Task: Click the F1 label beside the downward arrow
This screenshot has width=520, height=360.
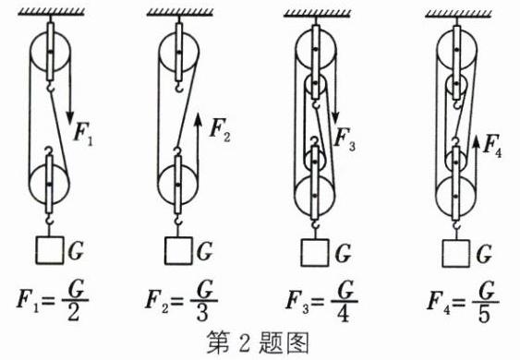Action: pyautogui.click(x=83, y=134)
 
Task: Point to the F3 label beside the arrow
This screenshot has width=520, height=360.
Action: pyautogui.click(x=345, y=138)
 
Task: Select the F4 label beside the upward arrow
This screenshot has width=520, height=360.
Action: pyautogui.click(x=492, y=145)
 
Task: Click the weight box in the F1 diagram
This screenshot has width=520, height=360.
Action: pyautogui.click(x=49, y=250)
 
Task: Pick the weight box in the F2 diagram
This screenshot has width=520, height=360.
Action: pyautogui.click(x=178, y=251)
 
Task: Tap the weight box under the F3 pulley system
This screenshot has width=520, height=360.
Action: pyautogui.click(x=315, y=253)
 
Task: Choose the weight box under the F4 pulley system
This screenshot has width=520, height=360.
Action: pyautogui.click(x=456, y=254)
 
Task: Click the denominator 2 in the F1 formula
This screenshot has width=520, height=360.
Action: pyautogui.click(x=74, y=313)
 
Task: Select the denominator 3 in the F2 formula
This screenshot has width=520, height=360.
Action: pyautogui.click(x=202, y=313)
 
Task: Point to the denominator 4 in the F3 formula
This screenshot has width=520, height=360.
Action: pyautogui.click(x=343, y=313)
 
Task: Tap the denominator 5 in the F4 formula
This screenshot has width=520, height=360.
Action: pyautogui.click(x=484, y=314)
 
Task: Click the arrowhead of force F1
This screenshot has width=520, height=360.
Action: pyautogui.click(x=70, y=117)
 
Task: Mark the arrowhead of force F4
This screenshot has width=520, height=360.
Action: pyautogui.click(x=477, y=141)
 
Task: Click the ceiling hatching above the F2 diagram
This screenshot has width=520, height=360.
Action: pyautogui.click(x=180, y=13)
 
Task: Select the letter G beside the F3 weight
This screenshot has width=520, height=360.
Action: pyautogui.click(x=344, y=254)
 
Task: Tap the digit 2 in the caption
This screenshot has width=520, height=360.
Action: pyautogui.click(x=244, y=343)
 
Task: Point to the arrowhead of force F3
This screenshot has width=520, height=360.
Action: pyautogui.click(x=335, y=117)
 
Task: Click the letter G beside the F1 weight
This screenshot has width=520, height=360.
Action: pyautogui.click(x=76, y=251)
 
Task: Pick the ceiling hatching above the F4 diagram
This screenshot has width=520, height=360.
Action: pyautogui.click(x=459, y=13)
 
